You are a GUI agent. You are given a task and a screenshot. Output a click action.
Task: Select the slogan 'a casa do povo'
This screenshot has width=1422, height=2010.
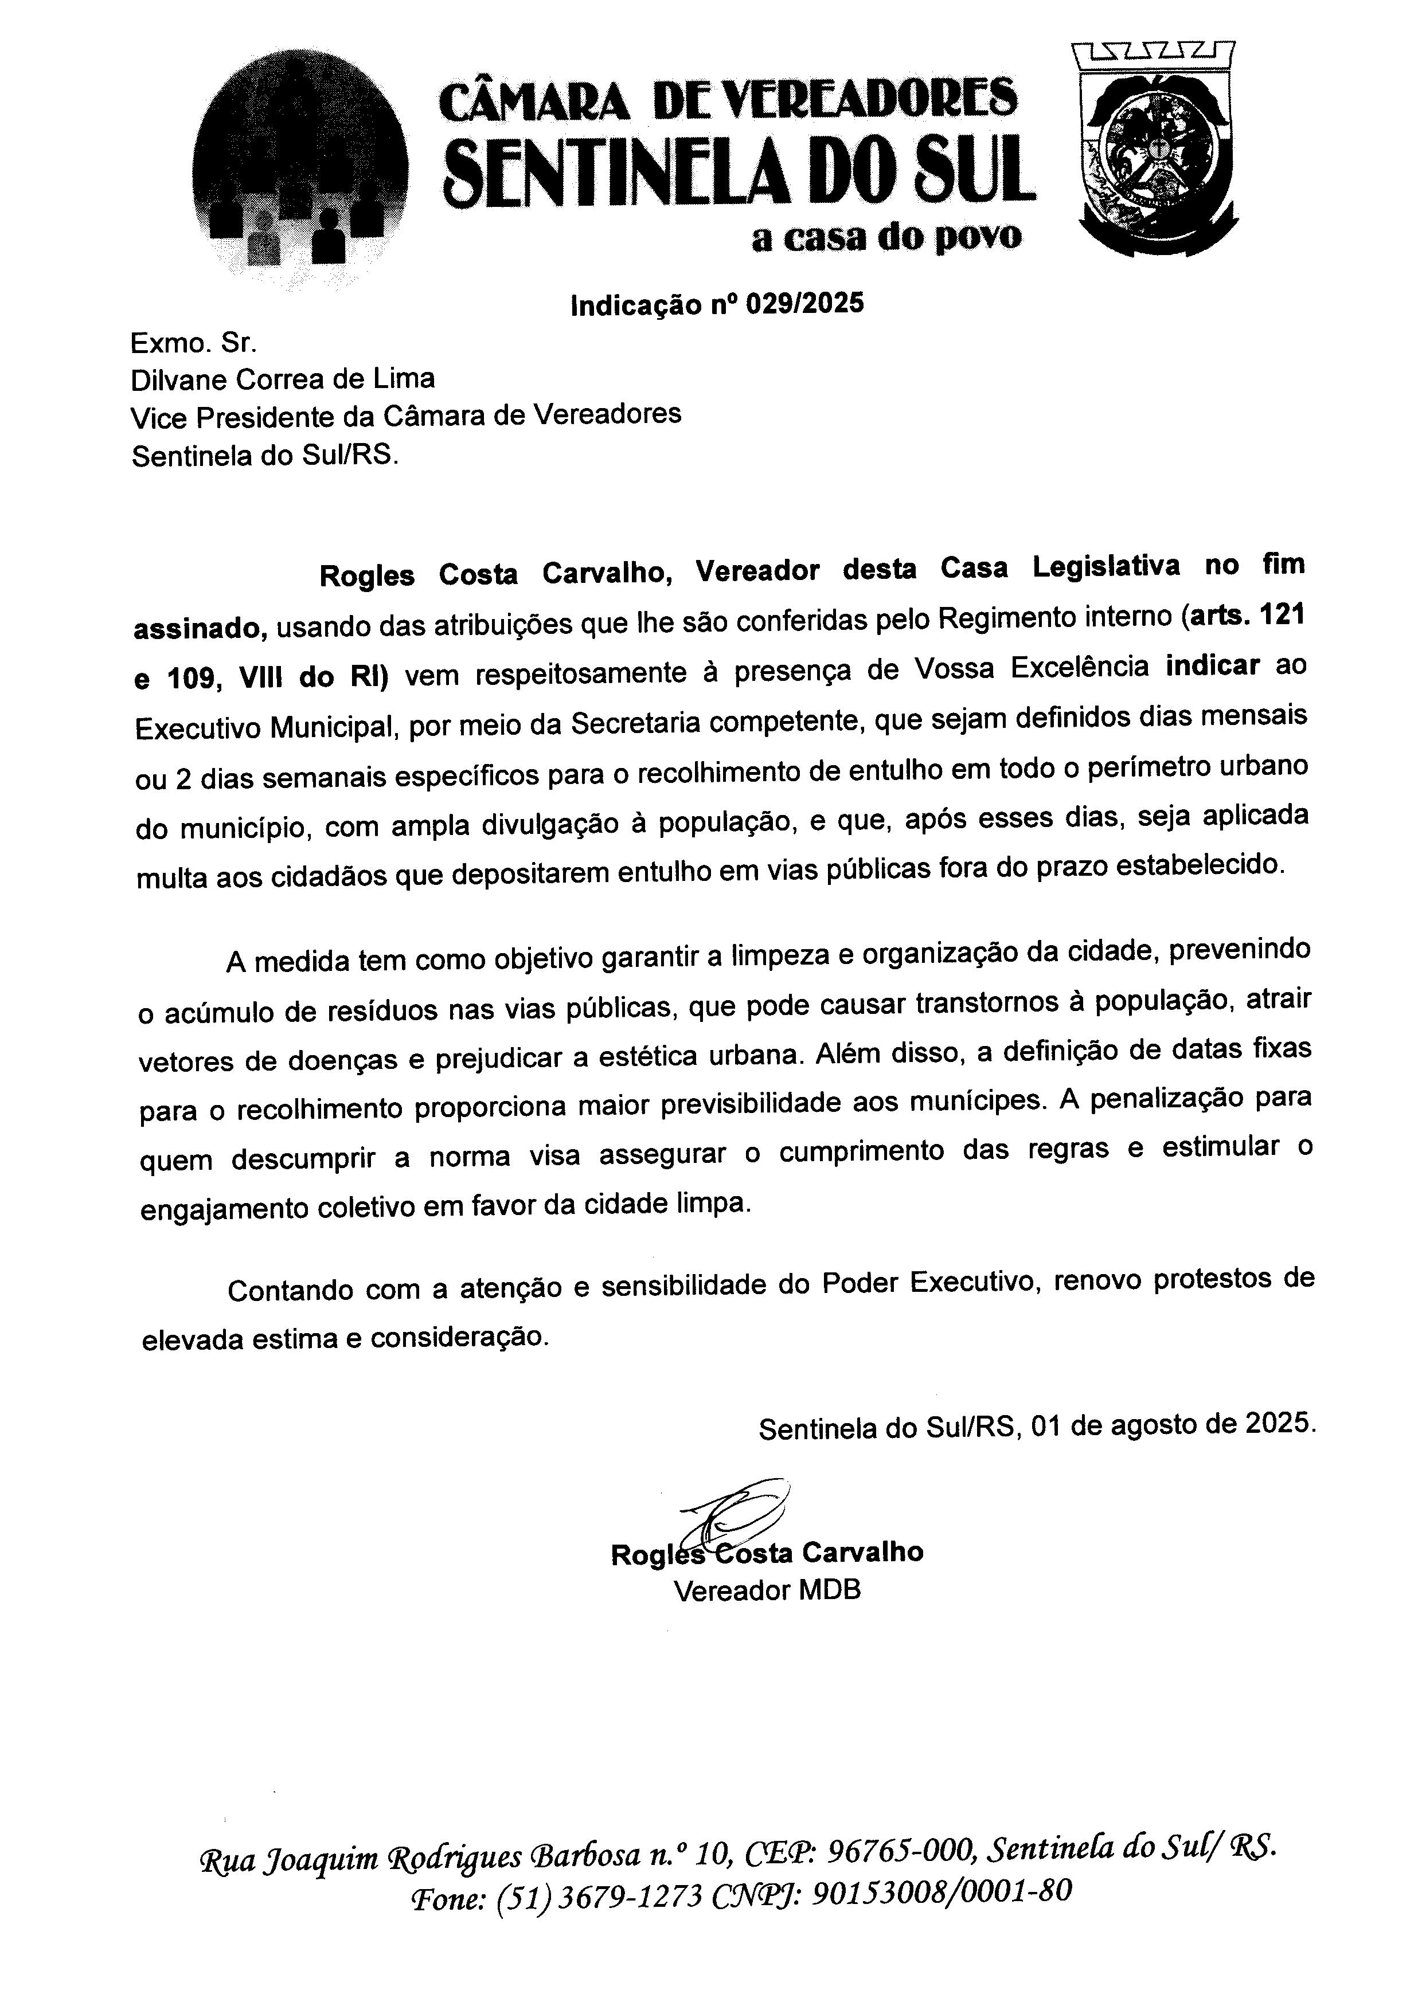click(886, 236)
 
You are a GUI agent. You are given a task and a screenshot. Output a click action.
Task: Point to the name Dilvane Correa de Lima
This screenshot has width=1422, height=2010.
click(282, 379)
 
